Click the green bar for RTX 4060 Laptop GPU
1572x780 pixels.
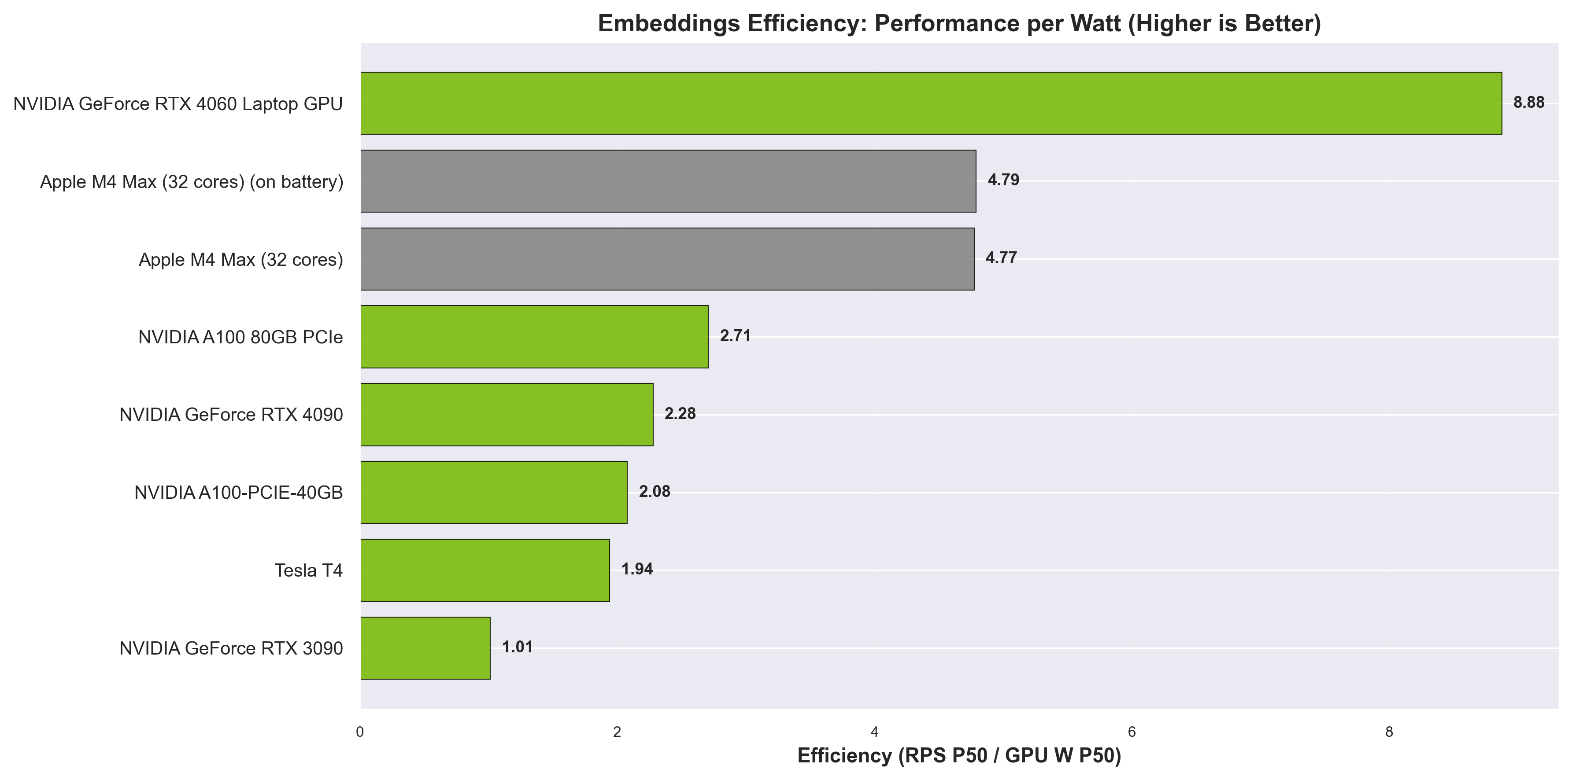click(x=931, y=103)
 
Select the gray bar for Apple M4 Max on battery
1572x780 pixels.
click(x=668, y=181)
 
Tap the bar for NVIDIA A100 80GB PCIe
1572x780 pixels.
click(x=534, y=337)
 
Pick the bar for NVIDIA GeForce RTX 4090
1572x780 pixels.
click(x=507, y=415)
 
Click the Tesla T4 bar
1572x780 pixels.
click(x=485, y=570)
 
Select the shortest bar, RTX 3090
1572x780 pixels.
click(x=425, y=648)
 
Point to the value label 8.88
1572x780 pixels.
click(x=1529, y=103)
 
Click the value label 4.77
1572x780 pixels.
click(x=1001, y=258)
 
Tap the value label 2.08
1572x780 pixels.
click(x=654, y=492)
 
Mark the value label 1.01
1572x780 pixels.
click(x=518, y=647)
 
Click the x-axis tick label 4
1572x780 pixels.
click(x=874, y=732)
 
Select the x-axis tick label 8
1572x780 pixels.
click(x=1389, y=732)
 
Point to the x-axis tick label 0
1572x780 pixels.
click(x=360, y=732)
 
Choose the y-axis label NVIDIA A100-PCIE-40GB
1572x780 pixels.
click(x=239, y=493)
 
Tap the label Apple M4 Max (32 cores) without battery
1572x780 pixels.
click(x=240, y=260)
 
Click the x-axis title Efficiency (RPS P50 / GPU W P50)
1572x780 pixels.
click(x=959, y=756)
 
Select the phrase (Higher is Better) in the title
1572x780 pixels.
click(x=1224, y=24)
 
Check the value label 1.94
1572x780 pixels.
click(x=637, y=569)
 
